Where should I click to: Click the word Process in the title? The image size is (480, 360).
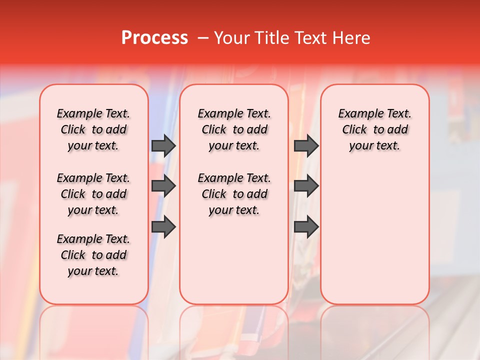154,38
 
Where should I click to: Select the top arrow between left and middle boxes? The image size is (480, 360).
163,145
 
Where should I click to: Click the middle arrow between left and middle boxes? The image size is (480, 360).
163,186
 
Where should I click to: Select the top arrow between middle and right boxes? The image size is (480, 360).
306,145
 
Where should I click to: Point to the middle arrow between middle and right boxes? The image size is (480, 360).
306,186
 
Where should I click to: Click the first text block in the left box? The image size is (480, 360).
93,129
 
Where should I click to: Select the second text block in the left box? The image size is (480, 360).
93,194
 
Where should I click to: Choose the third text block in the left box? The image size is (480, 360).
93,255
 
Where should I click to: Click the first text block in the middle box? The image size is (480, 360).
234,129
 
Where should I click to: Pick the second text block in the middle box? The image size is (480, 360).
234,194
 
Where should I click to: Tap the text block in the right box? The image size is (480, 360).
375,129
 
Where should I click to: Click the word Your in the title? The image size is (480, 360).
229,38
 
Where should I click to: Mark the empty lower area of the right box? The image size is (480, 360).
375,235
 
